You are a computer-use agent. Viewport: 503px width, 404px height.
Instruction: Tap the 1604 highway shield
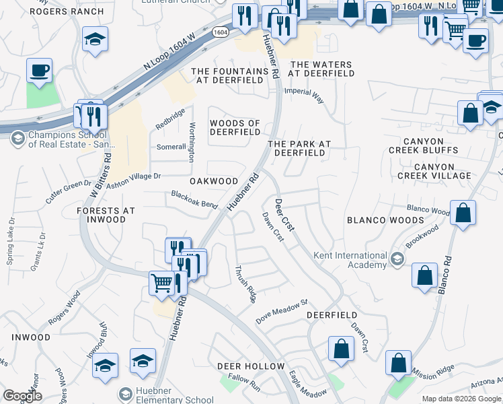219,32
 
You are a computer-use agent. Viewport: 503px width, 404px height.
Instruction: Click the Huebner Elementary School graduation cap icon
125,393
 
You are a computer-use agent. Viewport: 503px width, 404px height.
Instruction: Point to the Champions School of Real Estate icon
18,139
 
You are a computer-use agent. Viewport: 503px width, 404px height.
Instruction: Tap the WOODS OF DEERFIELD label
235,127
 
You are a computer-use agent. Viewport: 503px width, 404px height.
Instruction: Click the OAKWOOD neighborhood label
214,181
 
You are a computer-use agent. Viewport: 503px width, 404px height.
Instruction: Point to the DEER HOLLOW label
251,366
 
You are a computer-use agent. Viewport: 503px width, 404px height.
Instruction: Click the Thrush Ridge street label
245,283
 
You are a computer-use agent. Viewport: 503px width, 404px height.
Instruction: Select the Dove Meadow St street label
281,310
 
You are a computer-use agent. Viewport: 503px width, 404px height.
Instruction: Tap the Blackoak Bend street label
194,199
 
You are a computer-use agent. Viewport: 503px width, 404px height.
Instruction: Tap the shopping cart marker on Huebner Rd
161,283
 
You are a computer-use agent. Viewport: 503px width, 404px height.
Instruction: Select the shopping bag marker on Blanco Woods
463,213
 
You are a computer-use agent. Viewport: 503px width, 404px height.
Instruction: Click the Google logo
22,396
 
